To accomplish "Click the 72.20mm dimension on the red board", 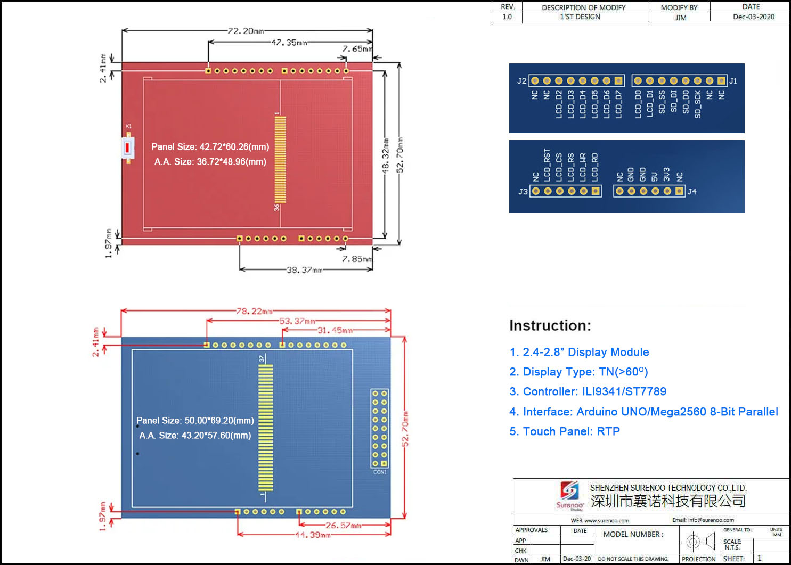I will (246, 31).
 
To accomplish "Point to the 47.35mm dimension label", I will (289, 43).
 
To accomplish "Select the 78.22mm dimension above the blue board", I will (254, 311).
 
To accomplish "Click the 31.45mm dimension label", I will (335, 330).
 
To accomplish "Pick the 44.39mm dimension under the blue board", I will (313, 535).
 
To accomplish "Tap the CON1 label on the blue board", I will (380, 472).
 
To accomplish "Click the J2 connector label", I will (521, 81).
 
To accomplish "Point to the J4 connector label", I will (692, 192).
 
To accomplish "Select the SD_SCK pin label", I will (698, 104).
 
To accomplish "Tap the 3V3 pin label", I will (666, 174).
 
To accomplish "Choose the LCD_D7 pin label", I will (618, 104).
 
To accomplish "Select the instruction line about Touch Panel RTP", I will (565, 431).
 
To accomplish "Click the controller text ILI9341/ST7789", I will (624, 391).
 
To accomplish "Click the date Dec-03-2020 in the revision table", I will (753, 17).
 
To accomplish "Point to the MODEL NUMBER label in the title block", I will (633, 534).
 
